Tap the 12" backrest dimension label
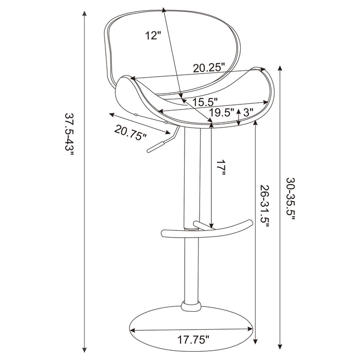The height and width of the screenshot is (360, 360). (x=153, y=35)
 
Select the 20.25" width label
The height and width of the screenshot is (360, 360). (x=210, y=67)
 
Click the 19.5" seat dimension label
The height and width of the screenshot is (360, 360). (x=222, y=112)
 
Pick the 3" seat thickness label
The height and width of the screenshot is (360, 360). (x=249, y=112)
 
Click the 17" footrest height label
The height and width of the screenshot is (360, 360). (x=221, y=169)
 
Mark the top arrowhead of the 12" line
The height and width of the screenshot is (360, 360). (x=164, y=10)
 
